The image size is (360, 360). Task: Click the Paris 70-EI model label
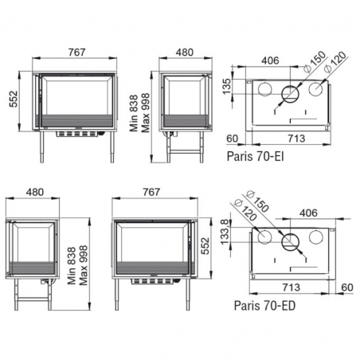[x=255, y=156]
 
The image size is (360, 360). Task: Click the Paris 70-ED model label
[x=264, y=305]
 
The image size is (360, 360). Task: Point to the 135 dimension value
[x=227, y=86]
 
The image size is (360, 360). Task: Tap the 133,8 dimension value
[x=225, y=232]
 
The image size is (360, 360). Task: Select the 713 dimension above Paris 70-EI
[x=296, y=139]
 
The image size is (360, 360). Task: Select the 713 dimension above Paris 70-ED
[x=292, y=287]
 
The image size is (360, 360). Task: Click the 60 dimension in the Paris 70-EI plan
[x=233, y=139]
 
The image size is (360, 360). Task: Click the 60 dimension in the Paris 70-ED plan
[x=347, y=287]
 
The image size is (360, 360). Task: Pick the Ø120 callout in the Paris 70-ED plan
[x=245, y=211]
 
